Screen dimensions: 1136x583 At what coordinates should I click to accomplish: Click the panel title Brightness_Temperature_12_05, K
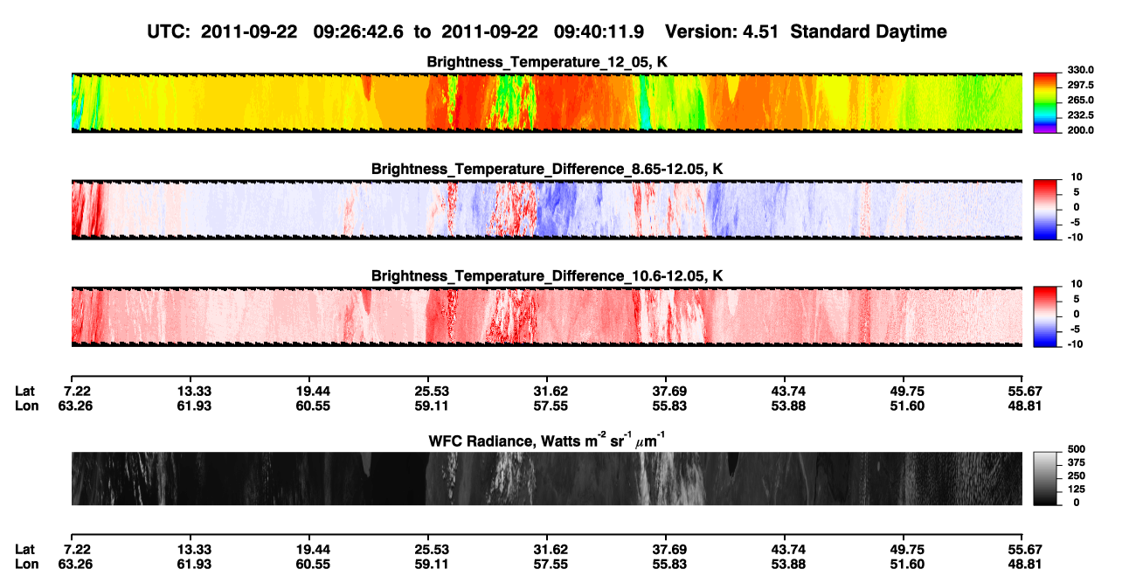pyautogui.click(x=547, y=62)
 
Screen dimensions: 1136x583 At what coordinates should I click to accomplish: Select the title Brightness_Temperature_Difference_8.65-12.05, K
pyautogui.click(x=547, y=169)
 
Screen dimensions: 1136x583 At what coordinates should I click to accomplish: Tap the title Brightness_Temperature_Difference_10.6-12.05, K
pyautogui.click(x=547, y=276)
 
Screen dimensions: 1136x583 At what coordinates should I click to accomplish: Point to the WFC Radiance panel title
pyautogui.click(x=547, y=441)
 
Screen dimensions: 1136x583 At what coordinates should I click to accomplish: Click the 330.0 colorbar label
pyautogui.click(x=1080, y=70)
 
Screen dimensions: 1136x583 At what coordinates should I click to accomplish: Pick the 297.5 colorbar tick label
pyautogui.click(x=1080, y=86)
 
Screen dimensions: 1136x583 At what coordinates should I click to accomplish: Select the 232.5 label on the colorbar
pyautogui.click(x=1080, y=115)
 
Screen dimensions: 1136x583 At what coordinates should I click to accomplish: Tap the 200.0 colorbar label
pyautogui.click(x=1080, y=130)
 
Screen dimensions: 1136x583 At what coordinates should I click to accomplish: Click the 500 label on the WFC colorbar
pyautogui.click(x=1077, y=449)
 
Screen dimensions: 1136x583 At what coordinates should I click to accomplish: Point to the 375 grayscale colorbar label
pyautogui.click(x=1077, y=462)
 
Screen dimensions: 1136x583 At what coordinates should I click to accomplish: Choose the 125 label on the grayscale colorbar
pyautogui.click(x=1077, y=489)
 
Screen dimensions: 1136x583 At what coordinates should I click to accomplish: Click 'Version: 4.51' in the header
pyautogui.click(x=721, y=31)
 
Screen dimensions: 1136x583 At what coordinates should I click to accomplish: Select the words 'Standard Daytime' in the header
pyautogui.click(x=869, y=31)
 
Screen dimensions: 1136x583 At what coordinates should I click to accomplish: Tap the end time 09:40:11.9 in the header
pyautogui.click(x=599, y=31)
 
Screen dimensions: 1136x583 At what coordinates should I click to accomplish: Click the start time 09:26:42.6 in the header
pyautogui.click(x=358, y=31)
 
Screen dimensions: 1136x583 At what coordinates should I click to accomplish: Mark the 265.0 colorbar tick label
pyautogui.click(x=1080, y=100)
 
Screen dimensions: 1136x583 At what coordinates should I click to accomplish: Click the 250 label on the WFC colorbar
pyautogui.click(x=1077, y=476)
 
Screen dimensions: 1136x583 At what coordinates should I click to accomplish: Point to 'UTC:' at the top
pyautogui.click(x=169, y=31)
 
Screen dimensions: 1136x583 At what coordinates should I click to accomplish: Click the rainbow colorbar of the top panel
pyautogui.click(x=1045, y=103)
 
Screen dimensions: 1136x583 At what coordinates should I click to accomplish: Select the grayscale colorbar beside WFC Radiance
pyautogui.click(x=1045, y=478)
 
